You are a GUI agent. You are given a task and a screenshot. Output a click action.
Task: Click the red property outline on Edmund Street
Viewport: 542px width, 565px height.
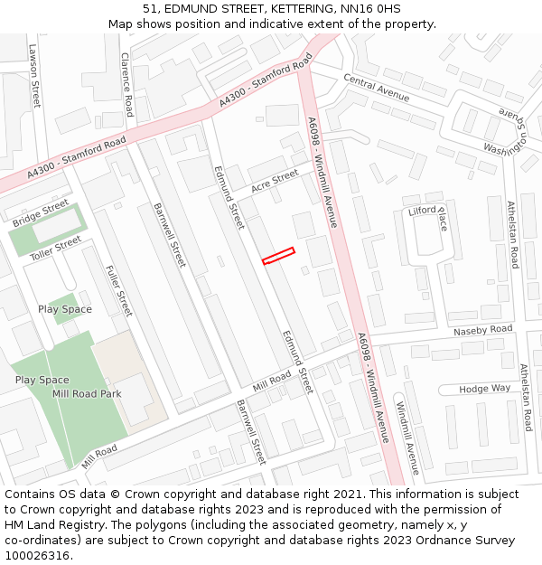pyautogui.click(x=278, y=256)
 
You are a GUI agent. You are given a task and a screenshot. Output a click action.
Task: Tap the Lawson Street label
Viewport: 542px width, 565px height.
pyautogui.click(x=34, y=76)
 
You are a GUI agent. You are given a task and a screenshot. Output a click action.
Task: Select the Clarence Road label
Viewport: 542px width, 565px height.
pyautogui.click(x=127, y=83)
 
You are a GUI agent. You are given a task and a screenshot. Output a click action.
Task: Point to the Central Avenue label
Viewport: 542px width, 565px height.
pyautogui.click(x=376, y=89)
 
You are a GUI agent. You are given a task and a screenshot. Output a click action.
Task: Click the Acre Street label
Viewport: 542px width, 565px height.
pyautogui.click(x=275, y=181)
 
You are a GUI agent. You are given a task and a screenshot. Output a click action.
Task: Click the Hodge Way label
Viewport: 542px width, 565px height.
pyautogui.click(x=484, y=389)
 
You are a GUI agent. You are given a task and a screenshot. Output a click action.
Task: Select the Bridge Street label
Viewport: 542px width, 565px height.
pyautogui.click(x=41, y=212)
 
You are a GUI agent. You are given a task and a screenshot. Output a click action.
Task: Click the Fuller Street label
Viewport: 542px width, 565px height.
pyautogui.click(x=118, y=290)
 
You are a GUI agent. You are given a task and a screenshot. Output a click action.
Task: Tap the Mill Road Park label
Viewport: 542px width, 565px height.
pyautogui.click(x=87, y=394)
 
